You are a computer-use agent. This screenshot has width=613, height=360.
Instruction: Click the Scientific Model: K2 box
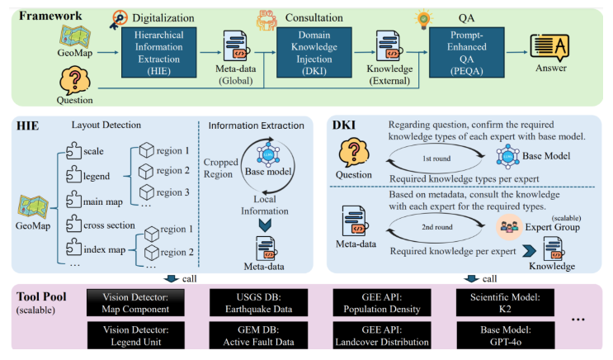[501, 302]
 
